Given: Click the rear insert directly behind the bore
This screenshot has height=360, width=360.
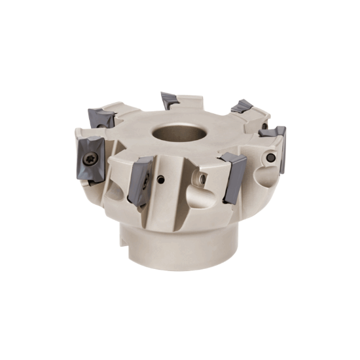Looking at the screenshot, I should pyautogui.click(x=170, y=99).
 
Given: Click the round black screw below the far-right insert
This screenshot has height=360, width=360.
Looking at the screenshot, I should pyautogui.click(x=270, y=158).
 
